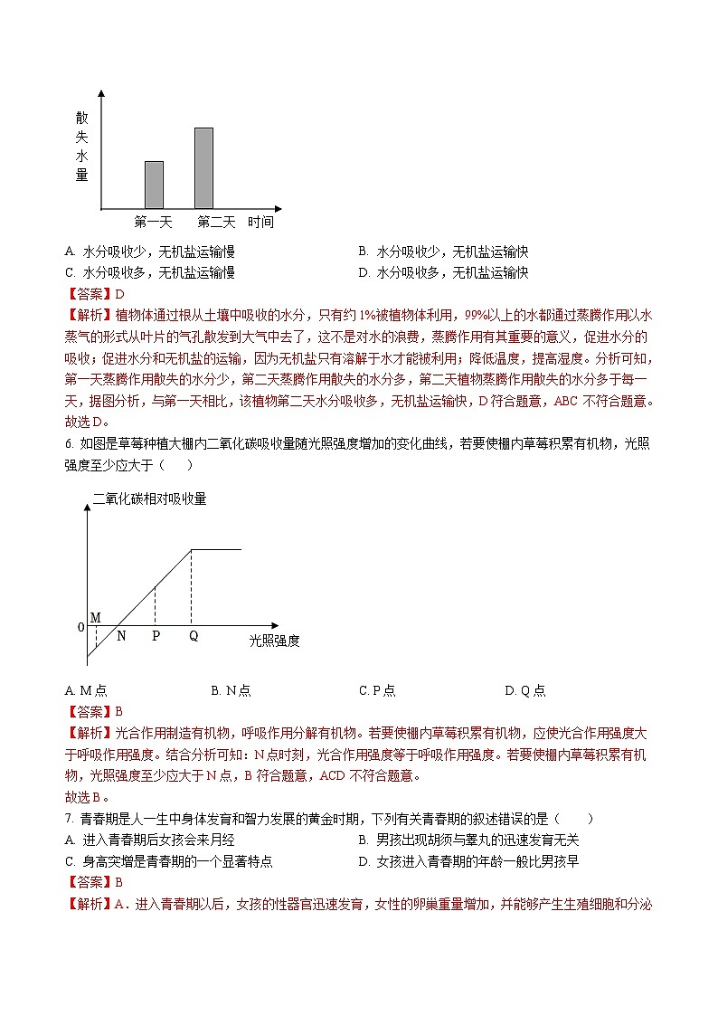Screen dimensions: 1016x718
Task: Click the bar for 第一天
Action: click(x=154, y=185)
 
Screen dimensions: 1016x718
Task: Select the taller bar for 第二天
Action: click(x=203, y=168)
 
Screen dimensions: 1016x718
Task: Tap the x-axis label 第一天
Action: click(x=153, y=222)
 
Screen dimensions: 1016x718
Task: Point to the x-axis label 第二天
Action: click(x=216, y=222)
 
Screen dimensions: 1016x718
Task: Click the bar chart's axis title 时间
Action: click(x=260, y=222)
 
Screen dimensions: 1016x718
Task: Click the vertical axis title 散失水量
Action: click(x=82, y=147)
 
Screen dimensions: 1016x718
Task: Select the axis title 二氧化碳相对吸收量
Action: click(x=150, y=498)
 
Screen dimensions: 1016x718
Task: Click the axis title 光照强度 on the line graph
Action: click(x=274, y=641)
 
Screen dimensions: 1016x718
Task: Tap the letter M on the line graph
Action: click(x=95, y=617)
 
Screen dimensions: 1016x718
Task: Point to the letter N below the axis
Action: click(x=121, y=636)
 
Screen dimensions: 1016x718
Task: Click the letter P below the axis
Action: click(x=156, y=636)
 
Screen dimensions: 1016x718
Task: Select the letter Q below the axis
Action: click(x=193, y=636)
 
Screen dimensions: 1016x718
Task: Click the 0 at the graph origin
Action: click(x=80, y=627)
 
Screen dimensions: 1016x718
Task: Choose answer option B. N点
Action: click(x=231, y=690)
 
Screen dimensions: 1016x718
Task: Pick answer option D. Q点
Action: click(x=524, y=690)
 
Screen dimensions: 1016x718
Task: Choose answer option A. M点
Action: click(x=86, y=690)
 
